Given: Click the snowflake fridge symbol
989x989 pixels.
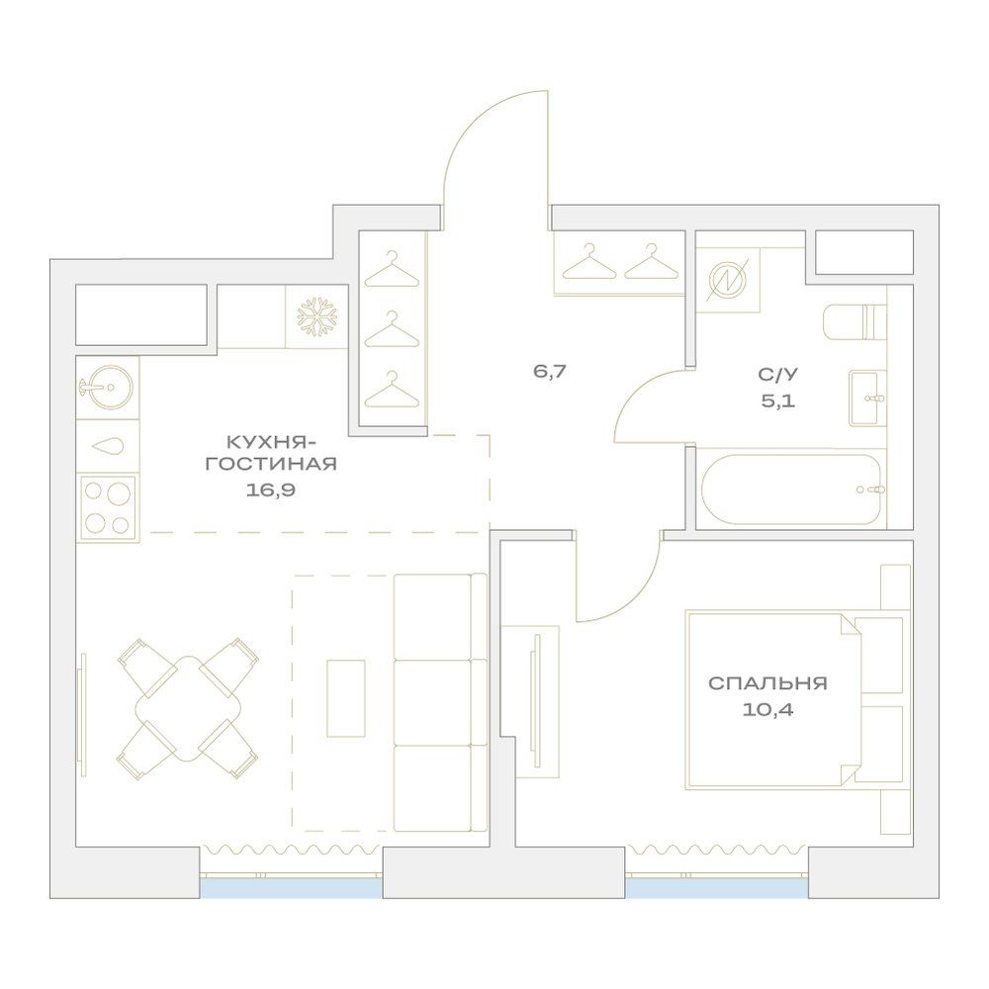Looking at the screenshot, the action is pyautogui.click(x=317, y=316).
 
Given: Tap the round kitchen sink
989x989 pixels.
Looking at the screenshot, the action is pyautogui.click(x=106, y=387).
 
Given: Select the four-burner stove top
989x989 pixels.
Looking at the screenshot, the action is pyautogui.click(x=107, y=507).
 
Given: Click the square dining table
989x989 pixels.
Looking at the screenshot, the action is pyautogui.click(x=188, y=708).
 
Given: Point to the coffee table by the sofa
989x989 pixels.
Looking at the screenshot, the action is pyautogui.click(x=345, y=698).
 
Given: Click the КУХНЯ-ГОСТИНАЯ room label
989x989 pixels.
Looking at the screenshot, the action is pyautogui.click(x=271, y=452).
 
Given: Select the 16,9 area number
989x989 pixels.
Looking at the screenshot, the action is pyautogui.click(x=271, y=491).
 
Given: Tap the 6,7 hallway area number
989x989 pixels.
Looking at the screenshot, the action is pyautogui.click(x=550, y=371).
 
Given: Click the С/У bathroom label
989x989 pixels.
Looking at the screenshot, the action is pyautogui.click(x=777, y=375).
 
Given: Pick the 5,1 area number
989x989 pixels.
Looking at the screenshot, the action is pyautogui.click(x=777, y=401).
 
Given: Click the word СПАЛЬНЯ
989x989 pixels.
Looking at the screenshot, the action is pyautogui.click(x=767, y=683).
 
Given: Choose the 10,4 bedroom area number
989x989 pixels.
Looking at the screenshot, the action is pyautogui.click(x=767, y=710).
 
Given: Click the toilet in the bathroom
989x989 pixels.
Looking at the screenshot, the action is pyautogui.click(x=855, y=321).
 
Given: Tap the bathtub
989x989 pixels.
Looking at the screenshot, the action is pyautogui.click(x=791, y=490).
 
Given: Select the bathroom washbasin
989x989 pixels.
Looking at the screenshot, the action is pyautogui.click(x=868, y=398).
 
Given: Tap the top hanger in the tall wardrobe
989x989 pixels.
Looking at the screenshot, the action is pyautogui.click(x=392, y=269).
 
